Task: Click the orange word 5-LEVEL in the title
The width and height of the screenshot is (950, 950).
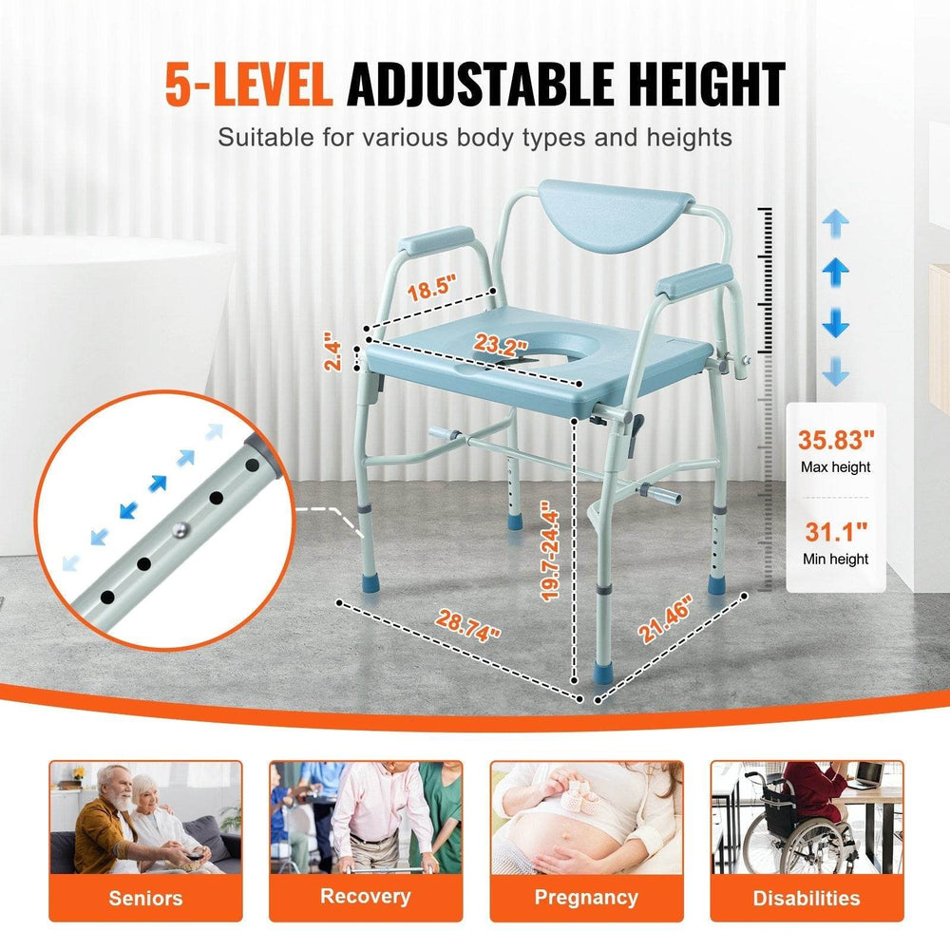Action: (249, 85)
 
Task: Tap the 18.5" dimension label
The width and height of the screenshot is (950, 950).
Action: (432, 287)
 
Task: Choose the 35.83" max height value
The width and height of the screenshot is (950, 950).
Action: (836, 441)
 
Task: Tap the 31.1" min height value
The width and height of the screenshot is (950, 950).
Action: (836, 533)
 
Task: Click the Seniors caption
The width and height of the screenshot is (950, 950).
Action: (145, 898)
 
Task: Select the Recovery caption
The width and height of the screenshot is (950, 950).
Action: (365, 896)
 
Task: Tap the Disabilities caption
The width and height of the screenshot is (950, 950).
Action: (807, 898)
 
